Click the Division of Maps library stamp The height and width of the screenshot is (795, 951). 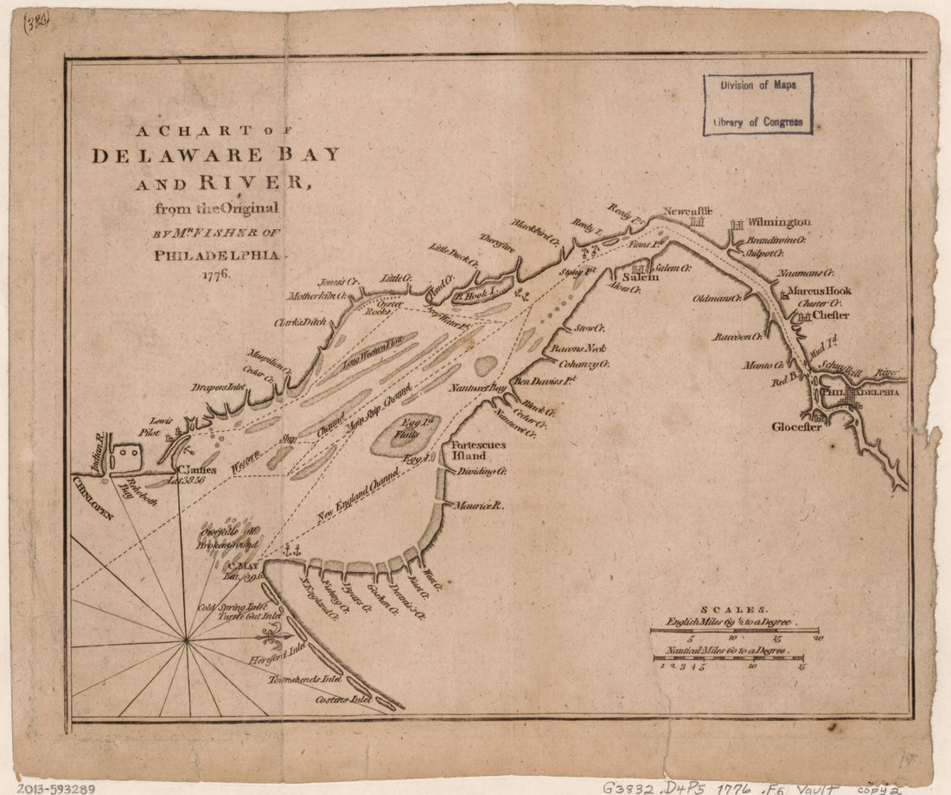757,104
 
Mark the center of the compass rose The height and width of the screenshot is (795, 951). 186,639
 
